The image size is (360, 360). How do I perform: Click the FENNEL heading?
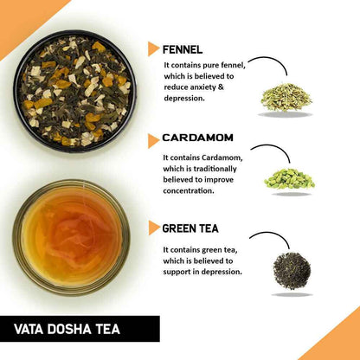point(188,48)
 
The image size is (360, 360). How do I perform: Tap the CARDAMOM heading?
point(201,138)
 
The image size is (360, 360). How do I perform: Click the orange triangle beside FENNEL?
point(154,48)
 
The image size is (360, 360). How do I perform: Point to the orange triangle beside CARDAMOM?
point(154,138)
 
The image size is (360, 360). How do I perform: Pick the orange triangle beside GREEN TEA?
point(154,229)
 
